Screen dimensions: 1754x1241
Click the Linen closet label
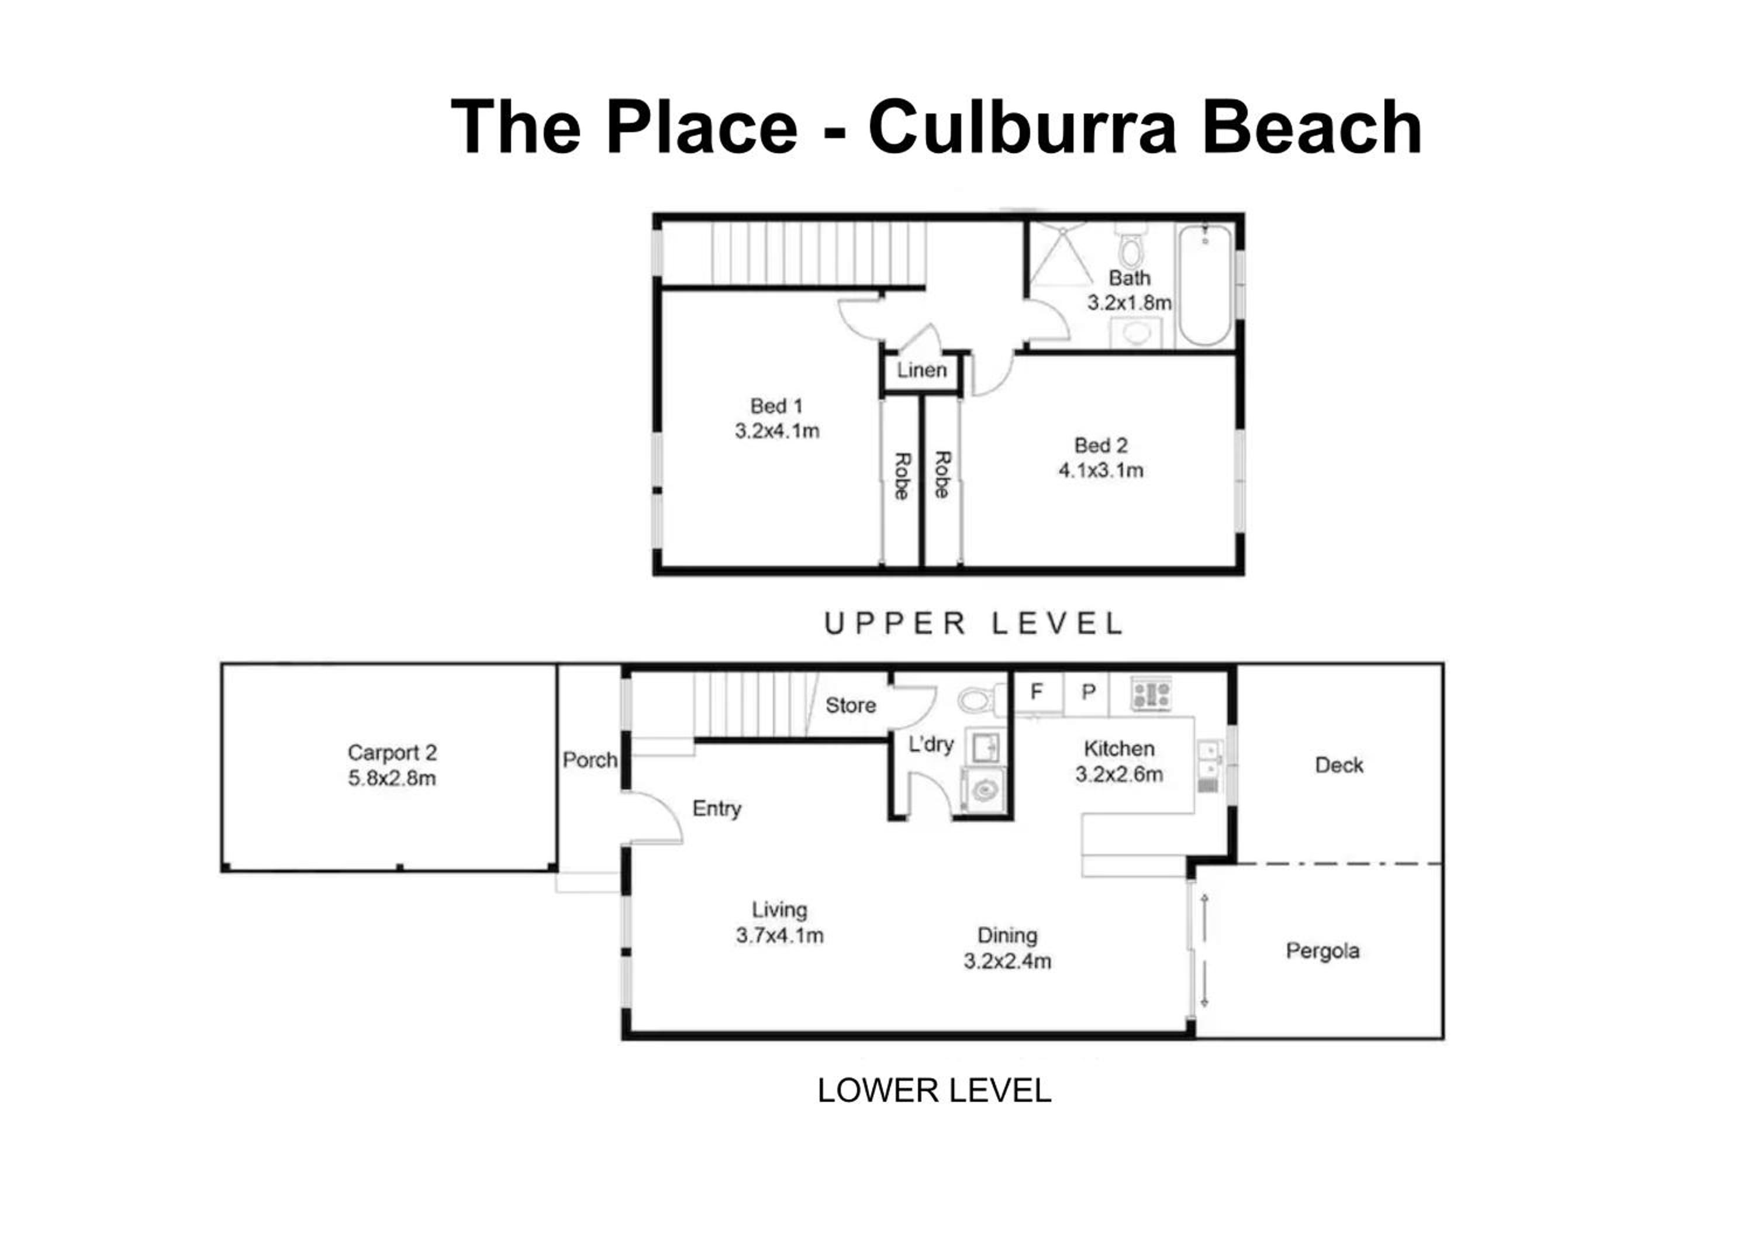click(x=921, y=371)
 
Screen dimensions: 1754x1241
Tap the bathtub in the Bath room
click(x=1205, y=284)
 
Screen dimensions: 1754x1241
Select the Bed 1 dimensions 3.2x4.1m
click(x=777, y=431)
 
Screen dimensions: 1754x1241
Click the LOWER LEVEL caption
click(x=934, y=1091)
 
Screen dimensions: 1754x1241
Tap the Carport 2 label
click(x=392, y=753)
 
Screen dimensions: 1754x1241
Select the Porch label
click(x=590, y=760)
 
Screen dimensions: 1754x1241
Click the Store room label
click(x=850, y=705)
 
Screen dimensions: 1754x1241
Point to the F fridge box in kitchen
click(x=1037, y=692)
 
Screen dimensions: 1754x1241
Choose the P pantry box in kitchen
click(x=1088, y=692)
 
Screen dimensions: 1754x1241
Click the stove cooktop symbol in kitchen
click(x=1151, y=695)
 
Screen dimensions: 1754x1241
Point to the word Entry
click(x=717, y=808)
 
